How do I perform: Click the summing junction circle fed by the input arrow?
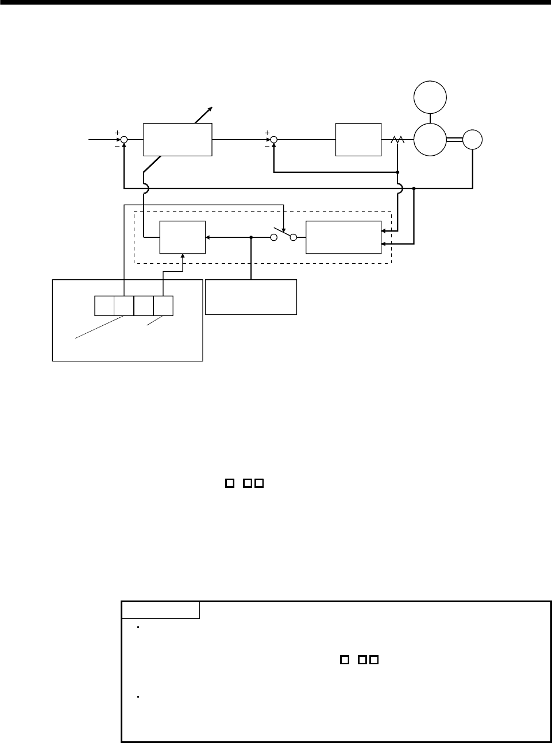click(x=124, y=139)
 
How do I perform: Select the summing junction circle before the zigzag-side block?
click(x=274, y=139)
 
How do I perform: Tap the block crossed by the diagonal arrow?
click(x=177, y=139)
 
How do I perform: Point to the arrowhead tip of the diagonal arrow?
click(x=213, y=107)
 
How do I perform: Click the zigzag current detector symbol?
click(x=397, y=140)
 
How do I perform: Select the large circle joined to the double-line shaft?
click(x=430, y=140)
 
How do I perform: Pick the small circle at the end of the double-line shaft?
click(x=473, y=140)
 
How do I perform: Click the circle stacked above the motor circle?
click(x=430, y=97)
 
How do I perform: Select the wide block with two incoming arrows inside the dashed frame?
click(x=343, y=237)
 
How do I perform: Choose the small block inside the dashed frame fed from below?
click(x=182, y=237)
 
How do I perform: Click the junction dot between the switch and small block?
click(x=251, y=237)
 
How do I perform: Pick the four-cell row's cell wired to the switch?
click(x=123, y=306)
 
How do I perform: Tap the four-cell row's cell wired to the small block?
click(x=163, y=306)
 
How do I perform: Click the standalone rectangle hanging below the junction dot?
click(x=251, y=297)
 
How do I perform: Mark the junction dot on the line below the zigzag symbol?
click(x=397, y=172)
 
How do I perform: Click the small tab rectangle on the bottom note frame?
click(x=160, y=610)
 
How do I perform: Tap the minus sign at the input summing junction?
click(x=117, y=145)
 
